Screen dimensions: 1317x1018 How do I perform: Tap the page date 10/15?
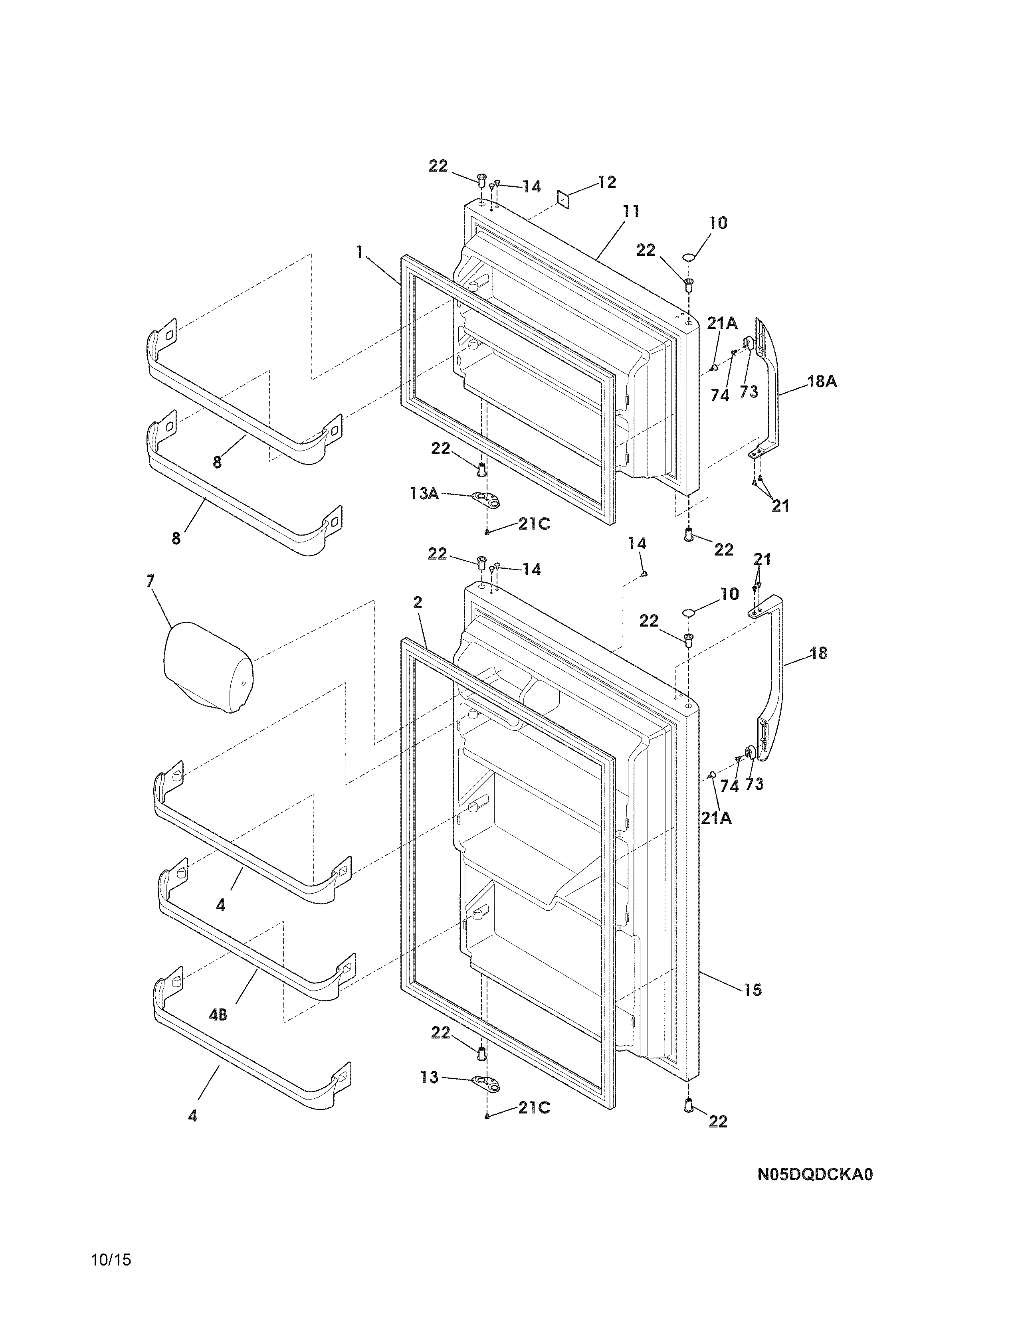111,1277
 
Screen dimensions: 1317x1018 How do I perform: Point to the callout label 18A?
822,381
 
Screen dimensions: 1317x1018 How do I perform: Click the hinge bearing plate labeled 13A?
487,498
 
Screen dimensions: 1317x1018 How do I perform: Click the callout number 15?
753,990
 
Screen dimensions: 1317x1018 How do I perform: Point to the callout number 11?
631,212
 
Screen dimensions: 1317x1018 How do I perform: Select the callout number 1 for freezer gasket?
360,252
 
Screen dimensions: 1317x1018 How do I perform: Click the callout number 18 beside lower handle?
818,653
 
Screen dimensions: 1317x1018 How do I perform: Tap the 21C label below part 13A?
534,524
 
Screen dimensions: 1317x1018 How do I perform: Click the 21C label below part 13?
534,1108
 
